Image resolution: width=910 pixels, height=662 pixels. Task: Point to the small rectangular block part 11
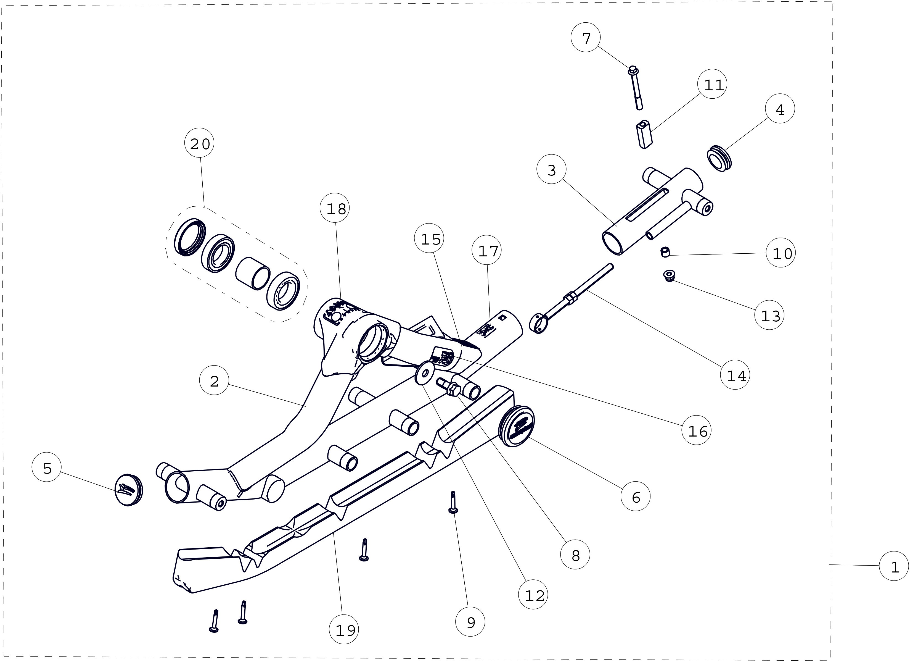(644, 135)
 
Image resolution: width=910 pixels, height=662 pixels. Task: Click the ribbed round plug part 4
(719, 159)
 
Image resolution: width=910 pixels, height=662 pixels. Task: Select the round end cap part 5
(128, 490)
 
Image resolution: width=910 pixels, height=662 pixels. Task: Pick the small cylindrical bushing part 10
(665, 252)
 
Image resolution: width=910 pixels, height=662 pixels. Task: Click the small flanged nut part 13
(668, 275)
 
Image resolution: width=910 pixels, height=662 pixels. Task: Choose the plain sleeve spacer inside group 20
(252, 273)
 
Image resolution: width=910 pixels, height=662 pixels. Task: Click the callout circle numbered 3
(551, 169)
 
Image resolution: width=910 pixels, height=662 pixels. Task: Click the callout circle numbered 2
(214, 380)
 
